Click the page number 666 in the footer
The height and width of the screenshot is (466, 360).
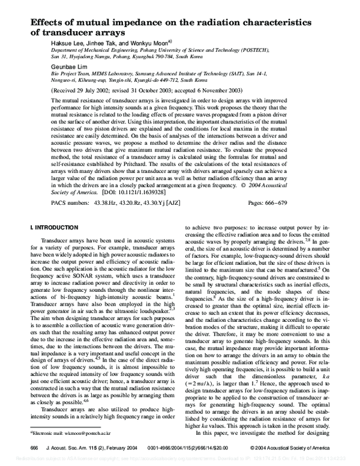coord(34,447)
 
